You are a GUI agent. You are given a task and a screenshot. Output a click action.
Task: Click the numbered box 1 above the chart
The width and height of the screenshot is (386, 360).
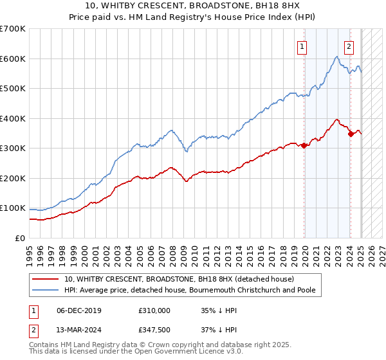tap(302, 46)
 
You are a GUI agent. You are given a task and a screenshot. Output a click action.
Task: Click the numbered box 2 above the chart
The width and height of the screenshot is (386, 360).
tap(349, 46)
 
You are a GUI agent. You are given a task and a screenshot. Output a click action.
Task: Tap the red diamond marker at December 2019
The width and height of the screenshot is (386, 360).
tap(304, 145)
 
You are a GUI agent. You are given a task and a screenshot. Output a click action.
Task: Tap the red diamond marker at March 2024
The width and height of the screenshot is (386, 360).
tap(351, 134)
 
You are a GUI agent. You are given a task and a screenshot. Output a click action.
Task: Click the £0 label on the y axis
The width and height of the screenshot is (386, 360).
tap(19, 238)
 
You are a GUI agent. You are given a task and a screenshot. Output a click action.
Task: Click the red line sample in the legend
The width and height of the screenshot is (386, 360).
tap(46, 279)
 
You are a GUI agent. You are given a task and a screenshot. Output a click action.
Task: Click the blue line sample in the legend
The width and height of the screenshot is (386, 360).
tap(46, 291)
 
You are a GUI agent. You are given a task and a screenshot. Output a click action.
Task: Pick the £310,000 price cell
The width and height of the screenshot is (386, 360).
tap(154, 310)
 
